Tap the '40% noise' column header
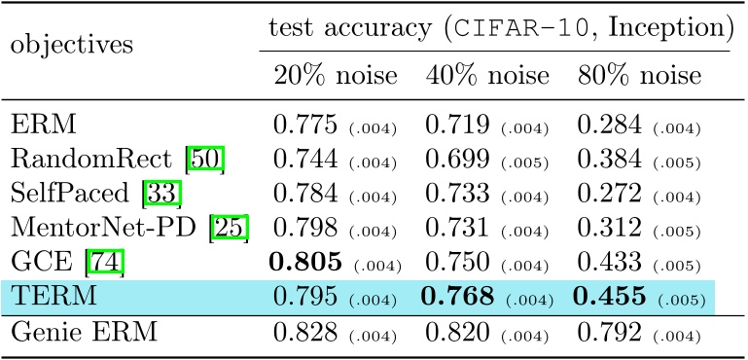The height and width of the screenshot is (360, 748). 487,75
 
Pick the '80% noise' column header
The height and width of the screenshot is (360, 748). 639,75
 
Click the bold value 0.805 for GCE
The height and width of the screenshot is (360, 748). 304,262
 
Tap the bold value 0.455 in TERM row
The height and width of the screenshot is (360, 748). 611,297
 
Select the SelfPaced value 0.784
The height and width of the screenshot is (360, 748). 303,195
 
